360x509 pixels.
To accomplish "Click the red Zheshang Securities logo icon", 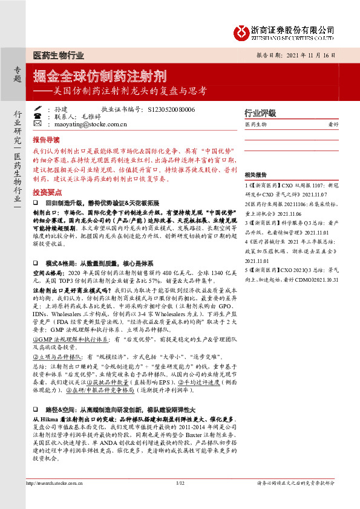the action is tap(243, 31).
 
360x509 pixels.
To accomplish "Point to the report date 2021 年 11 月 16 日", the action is tap(309, 54).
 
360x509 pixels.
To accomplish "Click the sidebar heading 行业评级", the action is tap(260, 113).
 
